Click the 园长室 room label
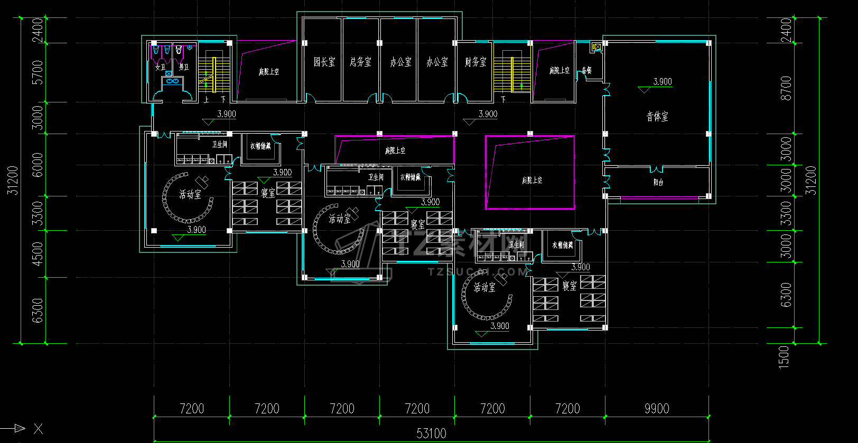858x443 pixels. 324,62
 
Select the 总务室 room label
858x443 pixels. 360,62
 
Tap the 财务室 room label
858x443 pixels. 475,62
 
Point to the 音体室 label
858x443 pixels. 657,116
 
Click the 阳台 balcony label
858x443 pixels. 658,182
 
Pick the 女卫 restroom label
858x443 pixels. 160,67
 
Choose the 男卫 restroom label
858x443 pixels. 183,67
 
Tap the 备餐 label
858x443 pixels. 586,70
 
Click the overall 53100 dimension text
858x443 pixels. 431,433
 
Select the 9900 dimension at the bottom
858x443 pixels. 657,409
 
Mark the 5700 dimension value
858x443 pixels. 38,72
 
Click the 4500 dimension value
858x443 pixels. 38,253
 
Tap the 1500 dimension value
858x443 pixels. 784,356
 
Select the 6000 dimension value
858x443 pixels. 38,165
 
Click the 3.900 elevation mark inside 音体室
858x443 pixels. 663,82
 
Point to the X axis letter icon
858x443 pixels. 38,429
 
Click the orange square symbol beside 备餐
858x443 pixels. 596,47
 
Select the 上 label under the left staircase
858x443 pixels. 206,99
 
